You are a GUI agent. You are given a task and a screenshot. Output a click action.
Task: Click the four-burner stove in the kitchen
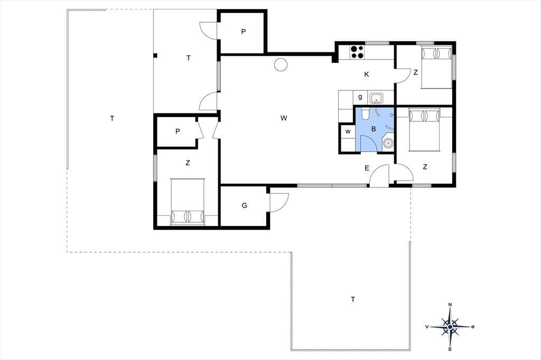pos(357,52)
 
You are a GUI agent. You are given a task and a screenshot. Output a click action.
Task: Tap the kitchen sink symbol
pos(376,98)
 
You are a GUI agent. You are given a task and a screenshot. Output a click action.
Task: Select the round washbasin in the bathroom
pos(388,143)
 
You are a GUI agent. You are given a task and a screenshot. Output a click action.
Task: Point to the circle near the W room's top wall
pos(281,64)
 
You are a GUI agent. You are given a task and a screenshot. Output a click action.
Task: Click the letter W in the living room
pos(284,118)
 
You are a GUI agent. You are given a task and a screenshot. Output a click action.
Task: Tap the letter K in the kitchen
pos(367,74)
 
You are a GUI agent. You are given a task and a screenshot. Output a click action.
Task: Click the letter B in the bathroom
pos(374,129)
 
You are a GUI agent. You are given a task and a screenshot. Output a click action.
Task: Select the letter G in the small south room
pos(244,205)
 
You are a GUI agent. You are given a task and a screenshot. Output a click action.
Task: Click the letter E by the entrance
pos(367,168)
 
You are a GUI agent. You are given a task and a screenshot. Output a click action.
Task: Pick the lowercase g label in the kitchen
pos(360,97)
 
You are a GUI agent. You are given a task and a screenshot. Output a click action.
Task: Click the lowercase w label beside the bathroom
pos(348,131)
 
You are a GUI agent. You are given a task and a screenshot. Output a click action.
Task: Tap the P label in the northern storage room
pos(243,32)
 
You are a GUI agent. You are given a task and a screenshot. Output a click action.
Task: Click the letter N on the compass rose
pos(450,305)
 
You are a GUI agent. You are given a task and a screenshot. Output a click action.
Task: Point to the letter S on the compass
pos(450,349)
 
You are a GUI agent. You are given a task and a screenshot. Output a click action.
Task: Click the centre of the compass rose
pos(450,327)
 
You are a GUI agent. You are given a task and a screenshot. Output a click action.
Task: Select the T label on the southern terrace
pos(352,299)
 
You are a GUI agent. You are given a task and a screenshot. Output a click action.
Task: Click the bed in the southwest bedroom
pos(188,202)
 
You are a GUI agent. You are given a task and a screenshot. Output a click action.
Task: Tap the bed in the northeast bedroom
pos(436,68)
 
